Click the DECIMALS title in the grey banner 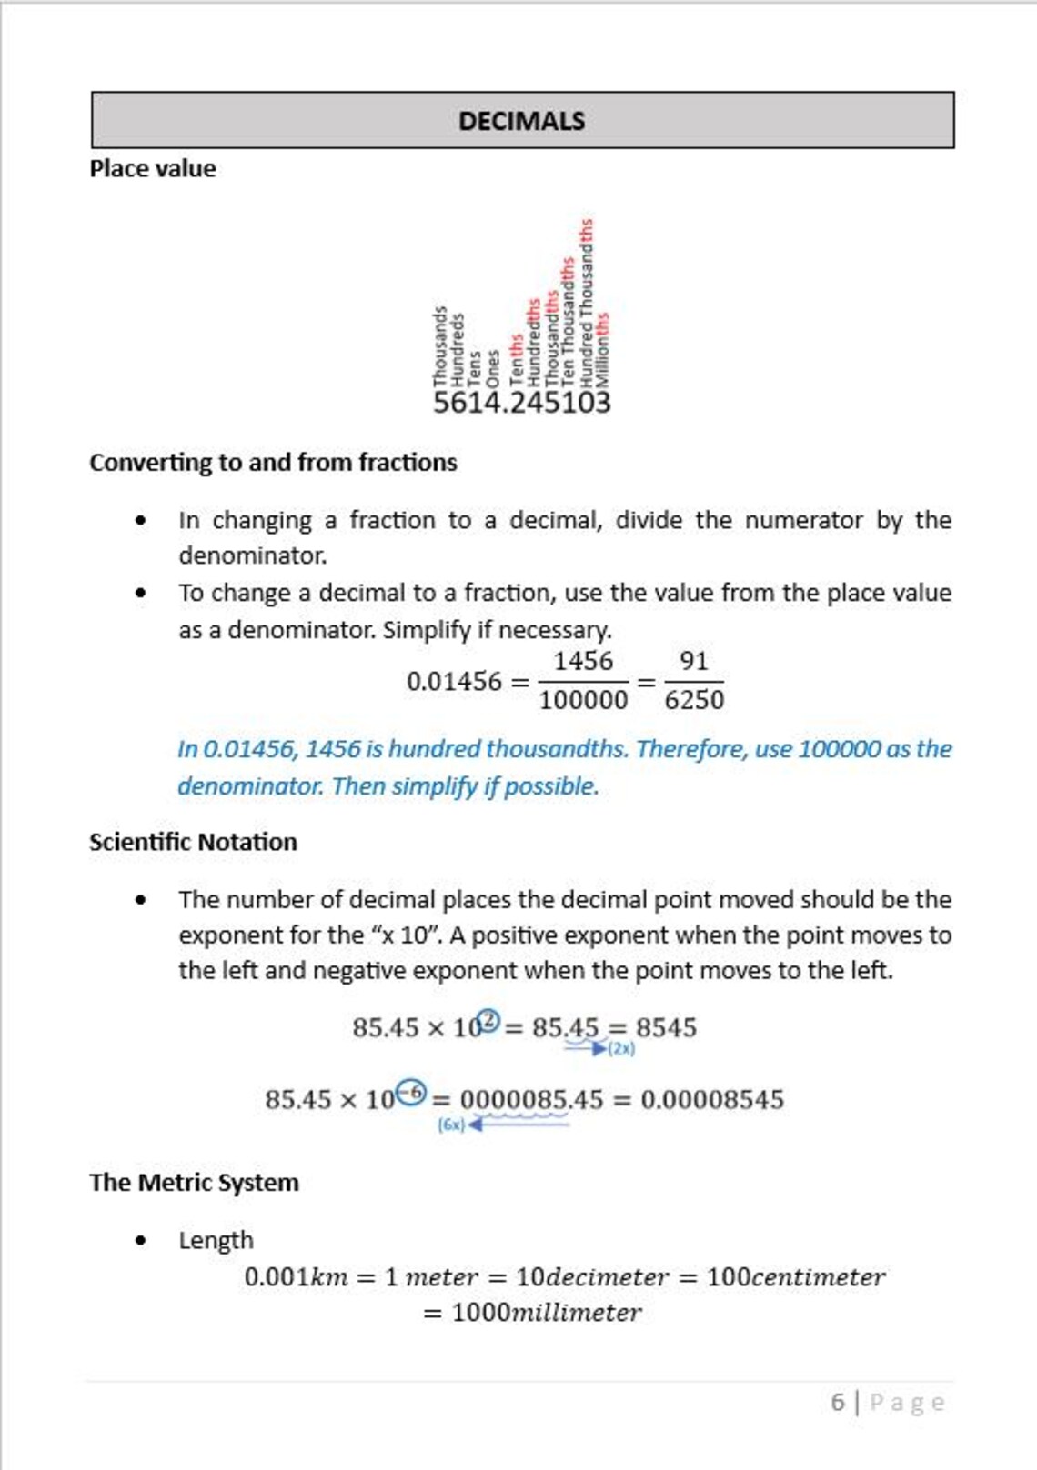(x=521, y=121)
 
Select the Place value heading (x=153, y=169)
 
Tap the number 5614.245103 (x=521, y=402)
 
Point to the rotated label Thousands (x=440, y=345)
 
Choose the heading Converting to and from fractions (x=273, y=463)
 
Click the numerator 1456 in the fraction (x=583, y=661)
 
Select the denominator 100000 (x=583, y=700)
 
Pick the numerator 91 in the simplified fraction (x=694, y=661)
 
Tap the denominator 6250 (x=694, y=700)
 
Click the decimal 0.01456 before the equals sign (x=454, y=681)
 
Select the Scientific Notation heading (x=193, y=842)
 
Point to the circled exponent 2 (x=489, y=1021)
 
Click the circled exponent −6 (x=412, y=1092)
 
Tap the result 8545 (x=666, y=1028)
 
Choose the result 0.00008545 (x=712, y=1100)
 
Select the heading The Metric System (x=194, y=1183)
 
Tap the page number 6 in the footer (x=838, y=1402)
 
